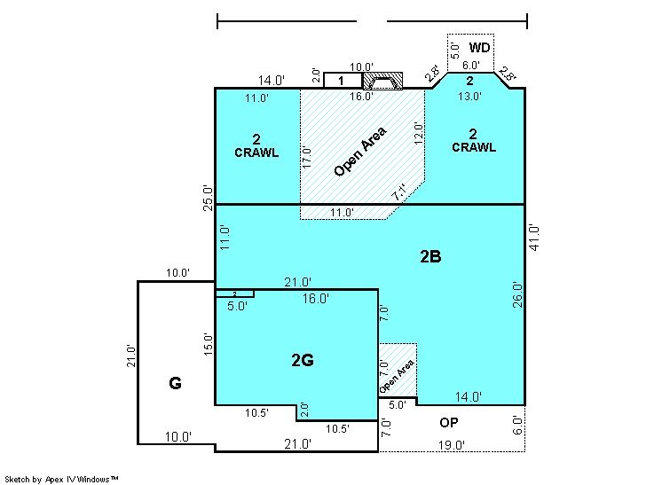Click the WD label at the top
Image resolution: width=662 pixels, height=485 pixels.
479,48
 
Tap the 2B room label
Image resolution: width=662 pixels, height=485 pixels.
430,256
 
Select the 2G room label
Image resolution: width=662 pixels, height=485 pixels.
303,360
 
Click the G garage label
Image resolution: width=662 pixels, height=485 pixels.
175,383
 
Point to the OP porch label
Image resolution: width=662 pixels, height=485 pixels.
448,423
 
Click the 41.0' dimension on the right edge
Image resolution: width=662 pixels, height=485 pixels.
534,239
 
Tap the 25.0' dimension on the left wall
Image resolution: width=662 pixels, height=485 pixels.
209,198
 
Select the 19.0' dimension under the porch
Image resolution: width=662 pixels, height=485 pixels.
452,445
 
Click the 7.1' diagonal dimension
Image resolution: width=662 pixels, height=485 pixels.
399,192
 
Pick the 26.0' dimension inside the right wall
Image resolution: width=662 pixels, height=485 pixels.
517,295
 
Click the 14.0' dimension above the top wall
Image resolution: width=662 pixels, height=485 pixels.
272,80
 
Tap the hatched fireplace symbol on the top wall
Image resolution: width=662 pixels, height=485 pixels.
383,81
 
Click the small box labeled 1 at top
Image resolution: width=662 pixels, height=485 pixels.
343,80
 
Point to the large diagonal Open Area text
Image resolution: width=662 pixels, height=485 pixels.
359,152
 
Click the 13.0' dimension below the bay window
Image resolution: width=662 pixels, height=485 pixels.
469,96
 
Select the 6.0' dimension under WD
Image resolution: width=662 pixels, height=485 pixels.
470,66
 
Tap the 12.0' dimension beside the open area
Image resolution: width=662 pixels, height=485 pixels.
419,133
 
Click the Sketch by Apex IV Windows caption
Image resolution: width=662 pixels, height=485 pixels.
61,479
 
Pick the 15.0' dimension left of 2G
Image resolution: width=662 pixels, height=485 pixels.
209,344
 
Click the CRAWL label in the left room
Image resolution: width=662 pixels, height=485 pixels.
256,153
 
